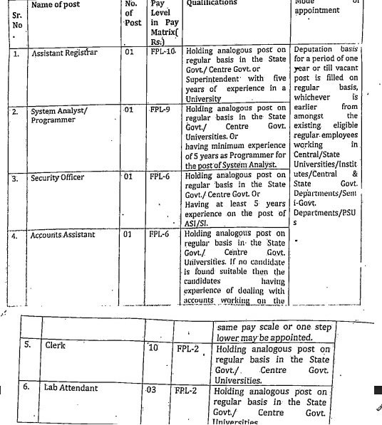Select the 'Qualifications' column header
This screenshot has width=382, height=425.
click(x=210, y=4)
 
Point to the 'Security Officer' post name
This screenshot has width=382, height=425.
click(x=58, y=177)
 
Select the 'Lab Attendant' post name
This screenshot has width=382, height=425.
click(x=71, y=388)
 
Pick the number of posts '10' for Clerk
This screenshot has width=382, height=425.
click(x=153, y=347)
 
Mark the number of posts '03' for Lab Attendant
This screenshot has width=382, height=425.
click(x=150, y=389)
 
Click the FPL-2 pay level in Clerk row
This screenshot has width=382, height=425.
click(x=187, y=349)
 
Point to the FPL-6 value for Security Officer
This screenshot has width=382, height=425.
click(x=160, y=174)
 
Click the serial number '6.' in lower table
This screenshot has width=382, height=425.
click(x=26, y=388)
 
